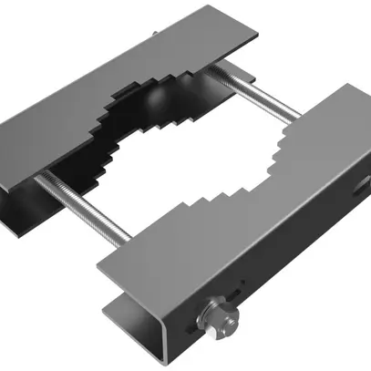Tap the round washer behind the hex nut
point(208,321)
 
